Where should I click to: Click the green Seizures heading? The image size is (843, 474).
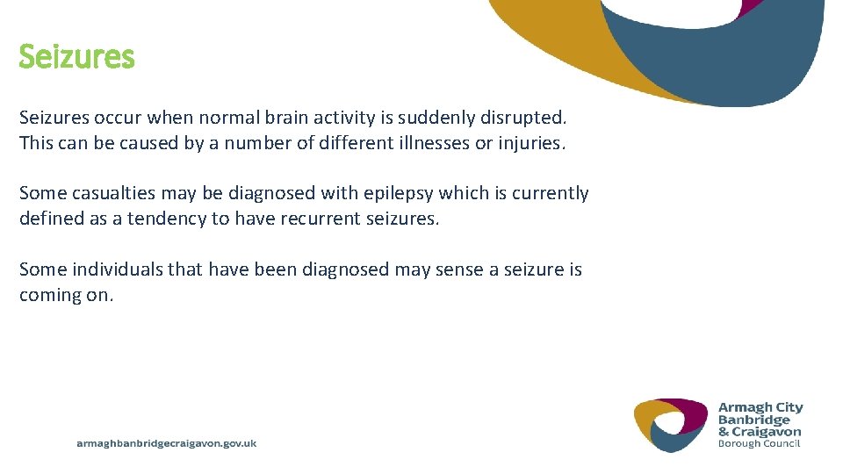point(76,58)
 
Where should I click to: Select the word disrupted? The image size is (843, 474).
point(530,118)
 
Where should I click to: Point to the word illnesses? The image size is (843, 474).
point(428,143)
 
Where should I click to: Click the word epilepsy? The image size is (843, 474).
point(398,193)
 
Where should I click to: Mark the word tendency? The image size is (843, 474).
point(167,219)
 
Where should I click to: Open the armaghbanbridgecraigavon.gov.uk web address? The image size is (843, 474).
point(167,444)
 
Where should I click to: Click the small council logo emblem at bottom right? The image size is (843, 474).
point(670,424)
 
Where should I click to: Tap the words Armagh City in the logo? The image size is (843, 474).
point(760,407)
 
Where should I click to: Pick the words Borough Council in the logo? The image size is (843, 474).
point(760,443)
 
